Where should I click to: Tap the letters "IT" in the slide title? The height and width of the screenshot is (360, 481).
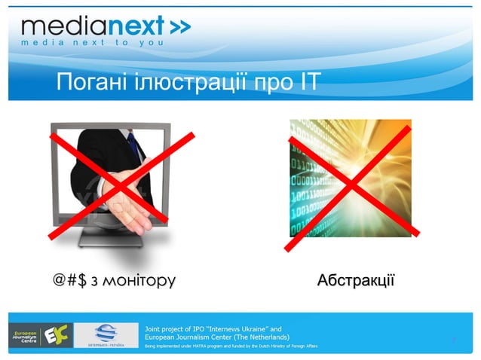[x=307, y=82]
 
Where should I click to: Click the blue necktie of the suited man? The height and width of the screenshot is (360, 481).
[x=134, y=143]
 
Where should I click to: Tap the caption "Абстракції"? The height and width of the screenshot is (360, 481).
[x=355, y=281]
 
